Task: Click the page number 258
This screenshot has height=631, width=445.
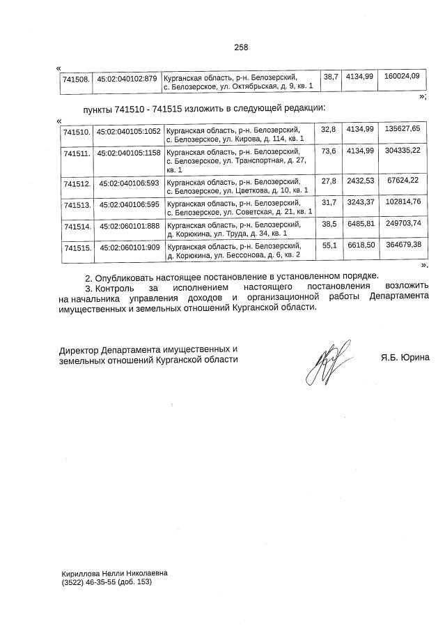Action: click(241, 47)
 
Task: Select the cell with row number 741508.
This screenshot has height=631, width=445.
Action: click(76, 81)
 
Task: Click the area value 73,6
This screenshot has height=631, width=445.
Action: click(329, 151)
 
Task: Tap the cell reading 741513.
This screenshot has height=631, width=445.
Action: click(77, 206)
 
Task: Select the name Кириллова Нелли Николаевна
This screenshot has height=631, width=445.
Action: click(114, 573)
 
